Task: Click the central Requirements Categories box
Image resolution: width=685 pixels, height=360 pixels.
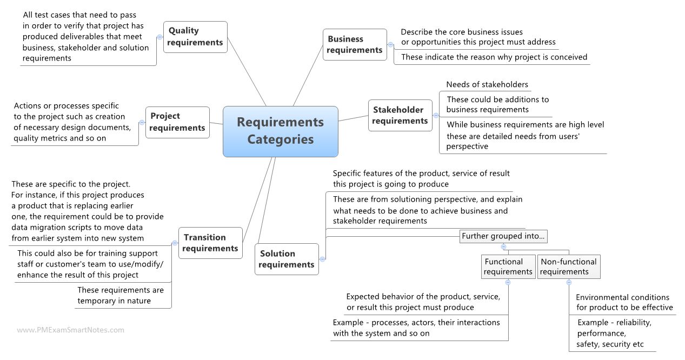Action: tap(280, 131)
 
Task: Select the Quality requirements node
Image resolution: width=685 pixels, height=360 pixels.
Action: tap(195, 37)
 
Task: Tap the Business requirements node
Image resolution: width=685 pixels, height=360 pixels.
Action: tap(355, 44)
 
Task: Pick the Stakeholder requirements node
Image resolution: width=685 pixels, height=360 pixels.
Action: tap(400, 115)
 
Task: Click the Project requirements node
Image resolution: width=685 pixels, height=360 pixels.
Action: tap(177, 122)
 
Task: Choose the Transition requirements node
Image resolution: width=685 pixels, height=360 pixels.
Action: tap(210, 243)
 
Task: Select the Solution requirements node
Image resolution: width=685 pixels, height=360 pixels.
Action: tap(287, 259)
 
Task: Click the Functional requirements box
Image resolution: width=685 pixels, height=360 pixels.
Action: tap(508, 266)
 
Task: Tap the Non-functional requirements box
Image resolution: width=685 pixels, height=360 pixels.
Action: tap(568, 266)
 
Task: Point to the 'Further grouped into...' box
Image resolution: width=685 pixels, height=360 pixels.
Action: tap(503, 236)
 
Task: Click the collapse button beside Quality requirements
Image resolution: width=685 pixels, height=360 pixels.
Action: tap(159, 37)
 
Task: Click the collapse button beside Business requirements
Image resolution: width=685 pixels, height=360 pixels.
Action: tap(390, 45)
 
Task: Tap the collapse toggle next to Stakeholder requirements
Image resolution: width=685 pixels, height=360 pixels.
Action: tap(436, 115)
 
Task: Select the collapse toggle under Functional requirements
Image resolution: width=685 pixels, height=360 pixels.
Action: tap(508, 282)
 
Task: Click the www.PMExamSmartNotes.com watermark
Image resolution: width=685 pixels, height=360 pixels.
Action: tap(70, 330)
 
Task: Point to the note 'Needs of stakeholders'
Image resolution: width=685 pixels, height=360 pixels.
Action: tap(487, 84)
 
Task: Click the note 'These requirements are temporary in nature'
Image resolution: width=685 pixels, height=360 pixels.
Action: tap(120, 296)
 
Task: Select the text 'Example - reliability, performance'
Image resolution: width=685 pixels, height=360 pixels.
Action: tap(614, 328)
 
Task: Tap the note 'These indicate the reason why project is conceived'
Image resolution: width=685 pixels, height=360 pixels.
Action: tap(494, 57)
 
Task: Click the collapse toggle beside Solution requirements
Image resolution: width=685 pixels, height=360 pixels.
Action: tap(322, 259)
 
